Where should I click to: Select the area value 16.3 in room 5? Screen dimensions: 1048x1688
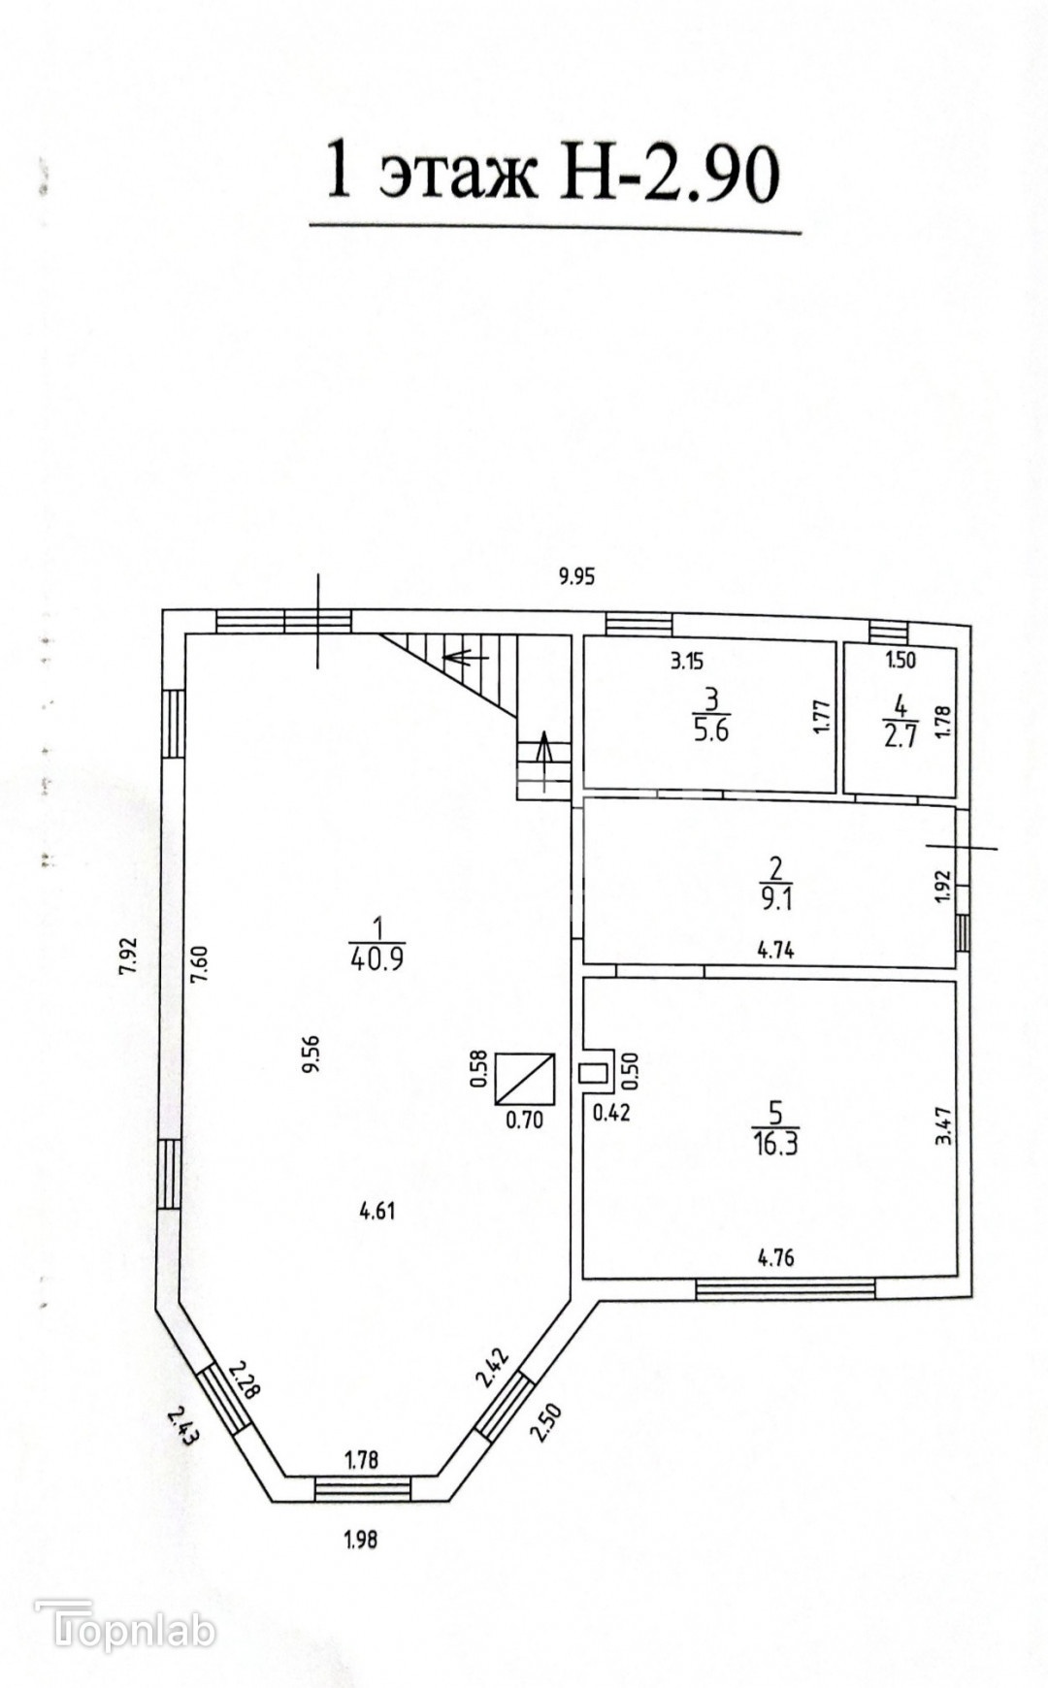(x=774, y=1143)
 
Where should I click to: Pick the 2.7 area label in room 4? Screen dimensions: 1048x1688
(x=900, y=735)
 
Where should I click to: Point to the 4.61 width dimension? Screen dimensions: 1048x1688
(x=377, y=1211)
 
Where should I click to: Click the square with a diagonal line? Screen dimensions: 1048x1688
(x=524, y=1078)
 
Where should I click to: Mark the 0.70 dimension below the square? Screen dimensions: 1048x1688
(x=524, y=1120)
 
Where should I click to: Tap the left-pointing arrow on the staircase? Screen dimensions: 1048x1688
(x=464, y=657)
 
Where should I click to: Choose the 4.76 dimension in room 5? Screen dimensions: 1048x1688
(x=775, y=1259)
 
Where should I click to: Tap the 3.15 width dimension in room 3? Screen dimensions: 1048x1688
(x=686, y=664)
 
